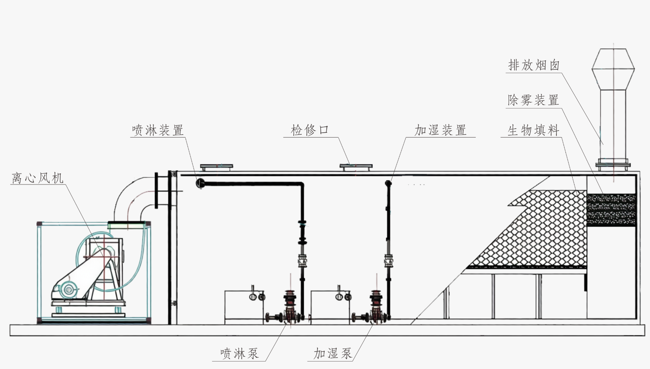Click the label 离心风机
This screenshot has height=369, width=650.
[38, 178]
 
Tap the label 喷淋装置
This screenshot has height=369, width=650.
[158, 130]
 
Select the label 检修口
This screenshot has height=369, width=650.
[310, 130]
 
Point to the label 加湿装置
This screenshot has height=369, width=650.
[440, 130]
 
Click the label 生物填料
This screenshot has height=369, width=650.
[534, 130]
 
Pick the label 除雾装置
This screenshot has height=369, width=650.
[533, 100]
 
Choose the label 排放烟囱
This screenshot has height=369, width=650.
[534, 65]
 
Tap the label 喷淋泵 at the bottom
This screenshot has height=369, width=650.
[239, 354]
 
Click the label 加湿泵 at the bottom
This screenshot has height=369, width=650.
[333, 354]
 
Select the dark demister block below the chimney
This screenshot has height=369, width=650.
[611, 209]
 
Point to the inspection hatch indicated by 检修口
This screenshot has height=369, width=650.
[356, 167]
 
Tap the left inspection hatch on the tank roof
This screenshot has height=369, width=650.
[216, 167]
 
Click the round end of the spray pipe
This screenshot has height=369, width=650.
[200, 183]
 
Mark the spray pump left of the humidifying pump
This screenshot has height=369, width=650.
[291, 306]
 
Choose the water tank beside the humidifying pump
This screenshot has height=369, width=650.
[330, 307]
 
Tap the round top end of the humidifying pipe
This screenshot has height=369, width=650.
[388, 183]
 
